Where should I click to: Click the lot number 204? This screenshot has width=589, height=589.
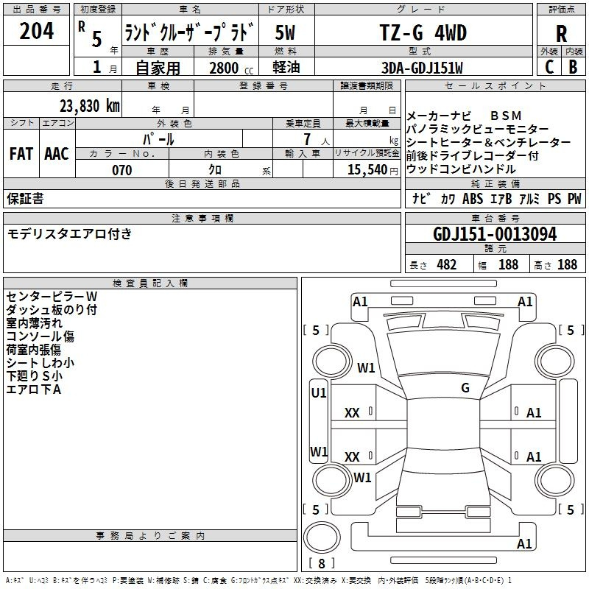point(37,32)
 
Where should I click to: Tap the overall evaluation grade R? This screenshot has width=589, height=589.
point(561,32)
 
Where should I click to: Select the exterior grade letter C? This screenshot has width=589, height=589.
point(549,67)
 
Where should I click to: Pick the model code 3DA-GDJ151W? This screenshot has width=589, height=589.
point(423,68)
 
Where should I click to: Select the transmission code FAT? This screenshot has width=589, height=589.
point(21,154)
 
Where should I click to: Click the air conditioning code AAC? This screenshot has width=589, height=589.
point(57,154)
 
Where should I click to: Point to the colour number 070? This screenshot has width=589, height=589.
point(121,170)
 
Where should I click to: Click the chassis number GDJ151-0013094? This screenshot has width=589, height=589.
point(495,234)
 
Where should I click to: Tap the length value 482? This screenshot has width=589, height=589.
point(445,264)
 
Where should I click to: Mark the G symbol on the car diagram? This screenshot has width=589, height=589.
point(465,387)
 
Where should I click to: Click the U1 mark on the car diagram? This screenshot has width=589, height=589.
point(318,393)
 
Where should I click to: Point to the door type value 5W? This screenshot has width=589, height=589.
point(286,32)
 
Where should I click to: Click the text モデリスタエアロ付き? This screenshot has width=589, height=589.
point(69,234)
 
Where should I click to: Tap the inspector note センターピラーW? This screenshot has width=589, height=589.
point(52,296)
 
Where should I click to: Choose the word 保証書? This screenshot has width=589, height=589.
point(25,199)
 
